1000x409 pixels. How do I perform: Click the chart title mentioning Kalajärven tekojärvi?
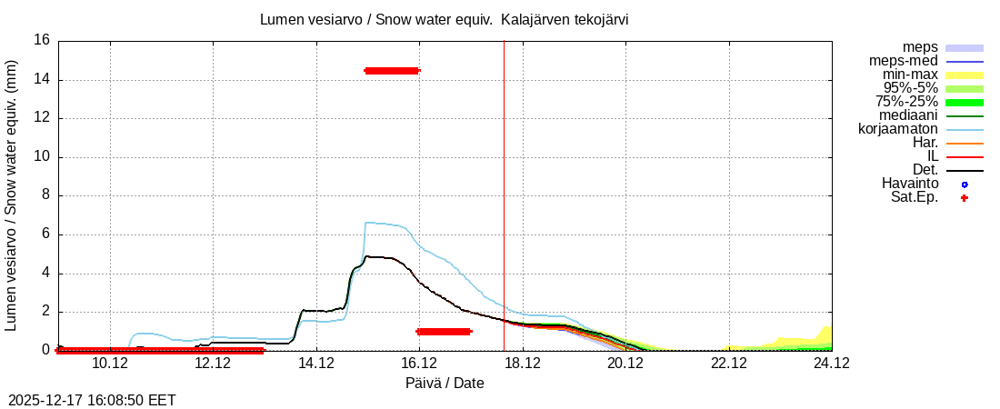(x=444, y=19)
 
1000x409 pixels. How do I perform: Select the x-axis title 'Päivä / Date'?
(x=445, y=384)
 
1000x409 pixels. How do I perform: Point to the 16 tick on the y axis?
(x=42, y=41)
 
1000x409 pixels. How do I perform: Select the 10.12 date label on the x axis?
(x=110, y=364)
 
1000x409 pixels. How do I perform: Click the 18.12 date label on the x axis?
(x=522, y=364)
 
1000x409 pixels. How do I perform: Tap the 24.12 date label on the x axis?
(x=831, y=364)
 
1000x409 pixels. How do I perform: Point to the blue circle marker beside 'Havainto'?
(x=965, y=185)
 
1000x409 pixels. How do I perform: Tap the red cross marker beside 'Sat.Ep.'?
(x=965, y=198)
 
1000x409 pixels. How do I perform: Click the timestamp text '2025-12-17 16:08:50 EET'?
(x=92, y=400)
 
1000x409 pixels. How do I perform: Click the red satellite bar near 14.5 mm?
(x=392, y=71)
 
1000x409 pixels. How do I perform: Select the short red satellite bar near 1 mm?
(x=444, y=332)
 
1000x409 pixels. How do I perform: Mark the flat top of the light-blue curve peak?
(x=382, y=223)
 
